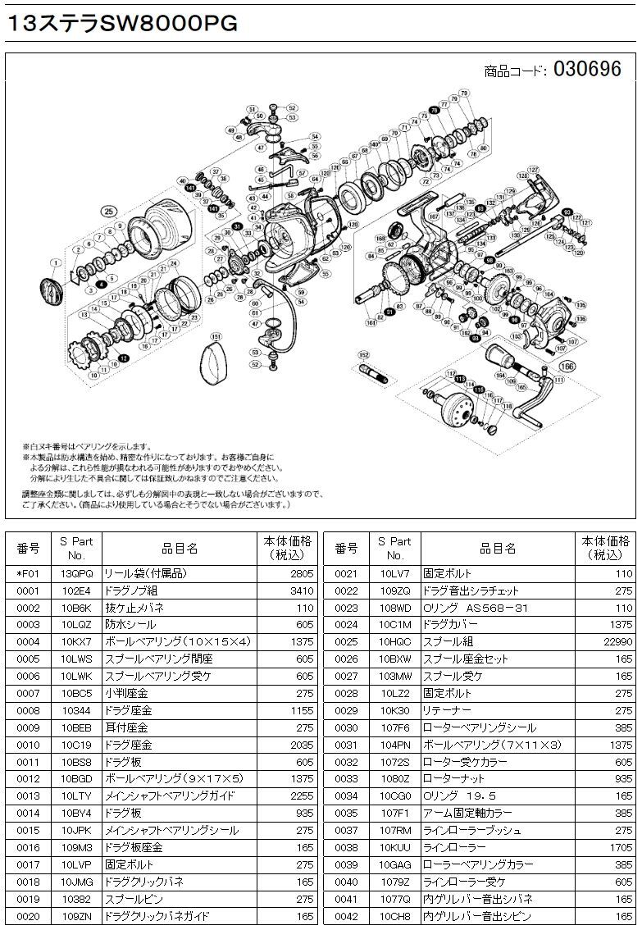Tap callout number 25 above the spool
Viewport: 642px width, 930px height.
[107, 211]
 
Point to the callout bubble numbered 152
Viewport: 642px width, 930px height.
[362, 354]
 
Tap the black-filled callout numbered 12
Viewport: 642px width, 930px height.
[123, 358]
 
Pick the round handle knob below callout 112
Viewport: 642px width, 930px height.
[453, 407]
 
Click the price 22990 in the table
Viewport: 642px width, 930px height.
[614, 641]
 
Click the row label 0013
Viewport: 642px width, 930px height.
[28, 796]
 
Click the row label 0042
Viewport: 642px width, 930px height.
[347, 916]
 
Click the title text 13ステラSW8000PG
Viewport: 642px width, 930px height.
[122, 23]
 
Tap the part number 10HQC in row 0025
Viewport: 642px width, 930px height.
[395, 641]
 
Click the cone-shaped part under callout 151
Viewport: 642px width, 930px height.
[219, 364]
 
